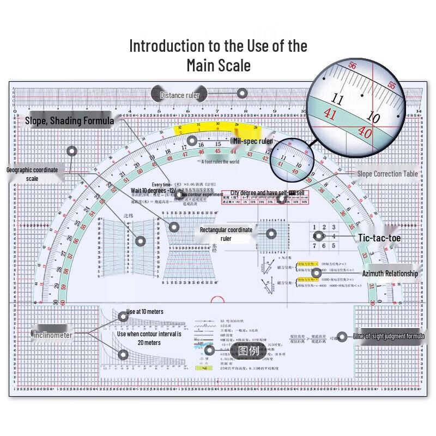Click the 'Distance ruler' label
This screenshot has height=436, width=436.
(x=179, y=95)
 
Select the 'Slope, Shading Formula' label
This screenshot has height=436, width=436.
(x=69, y=120)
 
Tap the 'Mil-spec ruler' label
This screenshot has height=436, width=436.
(x=252, y=141)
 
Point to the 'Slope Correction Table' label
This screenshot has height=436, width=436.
(x=387, y=174)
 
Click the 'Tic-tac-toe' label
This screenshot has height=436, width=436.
(x=379, y=238)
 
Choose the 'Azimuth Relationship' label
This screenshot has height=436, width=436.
(x=390, y=274)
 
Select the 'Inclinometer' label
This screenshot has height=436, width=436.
(x=53, y=335)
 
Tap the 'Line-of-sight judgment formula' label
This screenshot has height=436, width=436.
(x=388, y=336)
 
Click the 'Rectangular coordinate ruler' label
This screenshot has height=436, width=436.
(x=226, y=234)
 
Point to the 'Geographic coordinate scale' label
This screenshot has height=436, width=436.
(x=32, y=174)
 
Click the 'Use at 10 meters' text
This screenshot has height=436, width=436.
(x=144, y=312)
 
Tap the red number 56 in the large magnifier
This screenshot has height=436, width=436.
(x=352, y=66)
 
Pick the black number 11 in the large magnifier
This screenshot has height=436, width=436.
(x=338, y=100)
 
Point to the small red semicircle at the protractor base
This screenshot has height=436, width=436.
(x=217, y=300)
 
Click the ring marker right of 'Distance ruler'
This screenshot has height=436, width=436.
(x=242, y=94)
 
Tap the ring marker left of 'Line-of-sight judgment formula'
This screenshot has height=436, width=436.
(x=342, y=337)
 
